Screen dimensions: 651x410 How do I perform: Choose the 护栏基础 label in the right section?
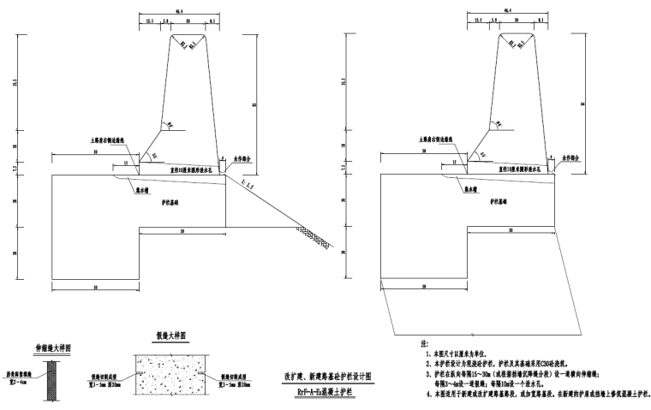(501, 202)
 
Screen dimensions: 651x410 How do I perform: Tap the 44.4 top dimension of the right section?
(511, 9)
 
